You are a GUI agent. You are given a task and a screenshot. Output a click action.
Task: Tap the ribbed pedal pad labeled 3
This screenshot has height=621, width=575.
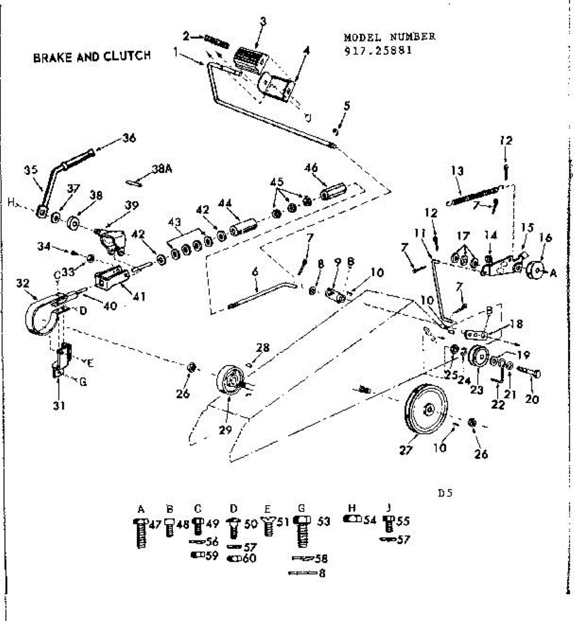(x=250, y=60)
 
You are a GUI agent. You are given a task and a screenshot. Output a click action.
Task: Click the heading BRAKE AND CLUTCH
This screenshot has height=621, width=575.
(x=92, y=56)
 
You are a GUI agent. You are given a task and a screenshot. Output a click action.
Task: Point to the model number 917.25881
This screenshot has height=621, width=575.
(x=378, y=51)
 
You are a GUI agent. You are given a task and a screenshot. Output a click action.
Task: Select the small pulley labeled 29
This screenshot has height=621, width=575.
(x=229, y=382)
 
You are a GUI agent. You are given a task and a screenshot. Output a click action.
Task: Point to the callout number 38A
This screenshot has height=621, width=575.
(x=161, y=169)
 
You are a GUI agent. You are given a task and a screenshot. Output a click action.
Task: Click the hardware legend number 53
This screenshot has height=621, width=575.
(x=324, y=522)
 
